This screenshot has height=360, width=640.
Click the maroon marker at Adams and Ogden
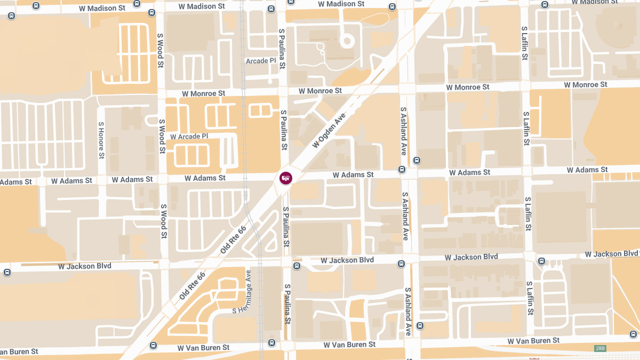(286, 178)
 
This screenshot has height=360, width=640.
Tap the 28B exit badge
(600, 348)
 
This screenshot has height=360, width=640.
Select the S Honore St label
(101, 140)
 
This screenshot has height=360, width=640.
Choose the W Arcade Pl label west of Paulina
(189, 137)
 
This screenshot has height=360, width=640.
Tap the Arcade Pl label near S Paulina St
(261, 61)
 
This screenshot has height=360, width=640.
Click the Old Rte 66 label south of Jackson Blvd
(193, 284)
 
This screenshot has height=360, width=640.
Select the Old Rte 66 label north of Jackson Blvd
(233, 239)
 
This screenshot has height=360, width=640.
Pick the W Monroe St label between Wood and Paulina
(203, 93)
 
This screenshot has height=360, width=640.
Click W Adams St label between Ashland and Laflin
(469, 172)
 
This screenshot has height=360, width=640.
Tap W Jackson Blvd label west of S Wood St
(84, 266)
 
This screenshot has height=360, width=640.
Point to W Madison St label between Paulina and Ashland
(341, 4)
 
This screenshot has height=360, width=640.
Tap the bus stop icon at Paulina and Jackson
(297, 266)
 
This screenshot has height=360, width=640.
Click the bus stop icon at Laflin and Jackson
(541, 261)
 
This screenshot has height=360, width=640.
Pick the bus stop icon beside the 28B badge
(633, 334)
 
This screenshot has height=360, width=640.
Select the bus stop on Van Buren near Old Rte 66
(154, 345)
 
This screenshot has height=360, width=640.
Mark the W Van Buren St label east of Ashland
(533, 340)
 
